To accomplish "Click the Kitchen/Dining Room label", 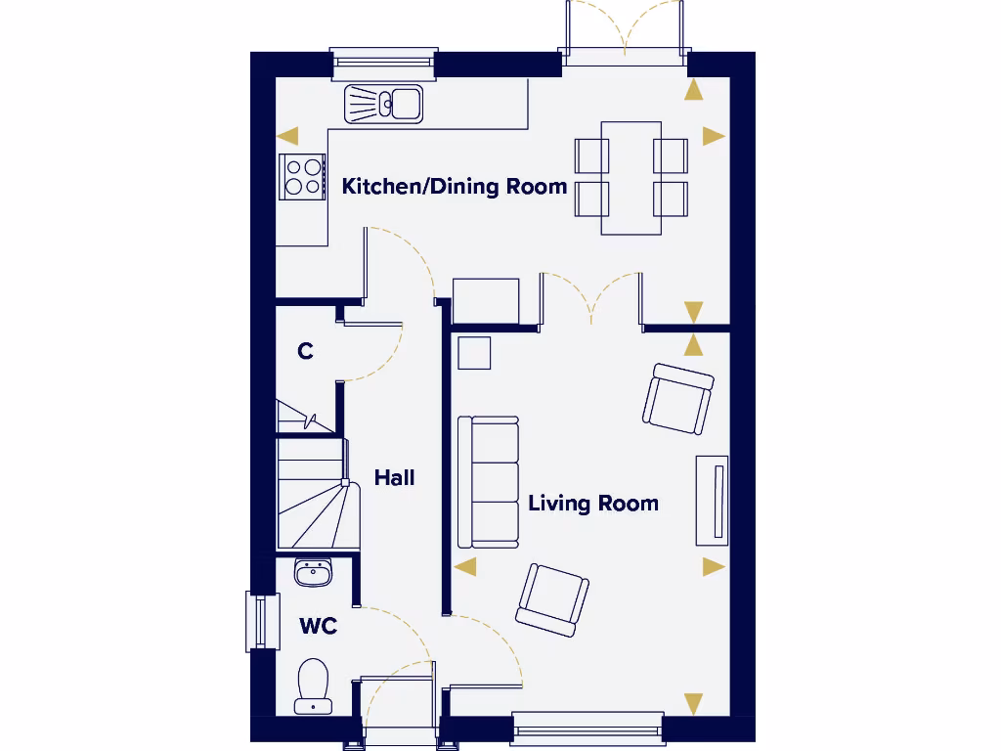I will [454, 186].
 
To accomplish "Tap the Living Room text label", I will [592, 503].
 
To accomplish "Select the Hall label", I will [394, 477].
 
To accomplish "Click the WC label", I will [318, 626].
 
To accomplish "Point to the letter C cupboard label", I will [305, 350].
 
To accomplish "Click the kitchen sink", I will [383, 103].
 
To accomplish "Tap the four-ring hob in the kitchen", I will [302, 177].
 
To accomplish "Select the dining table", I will [631, 177].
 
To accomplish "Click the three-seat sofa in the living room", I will [489, 482].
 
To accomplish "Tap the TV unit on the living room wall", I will [713, 500].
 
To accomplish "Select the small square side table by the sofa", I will [474, 352].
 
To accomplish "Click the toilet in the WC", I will [313, 685].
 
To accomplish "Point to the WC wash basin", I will [313, 572].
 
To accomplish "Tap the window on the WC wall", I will [256, 621].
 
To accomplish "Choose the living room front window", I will [587, 729].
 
